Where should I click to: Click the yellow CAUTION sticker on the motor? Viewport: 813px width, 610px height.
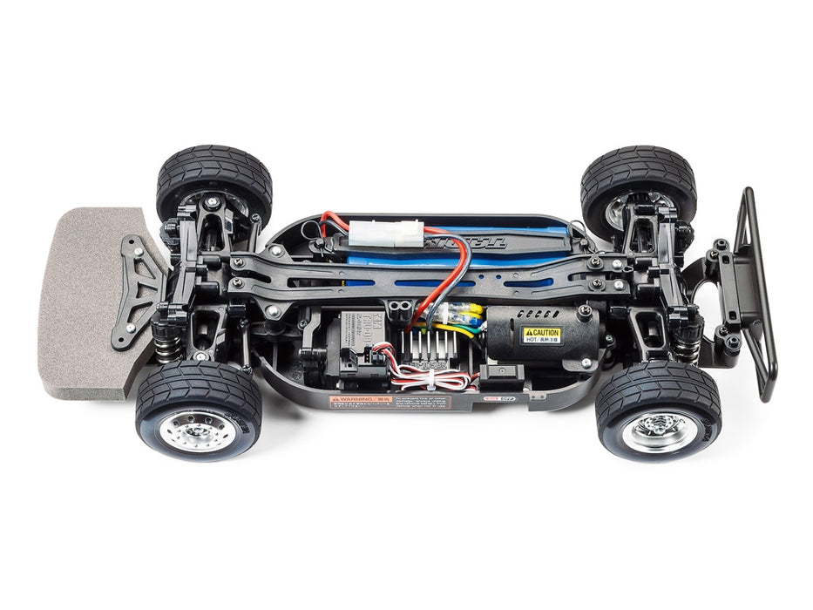pyautogui.click(x=541, y=335)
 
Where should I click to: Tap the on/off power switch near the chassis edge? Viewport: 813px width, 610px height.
pyautogui.click(x=506, y=376)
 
